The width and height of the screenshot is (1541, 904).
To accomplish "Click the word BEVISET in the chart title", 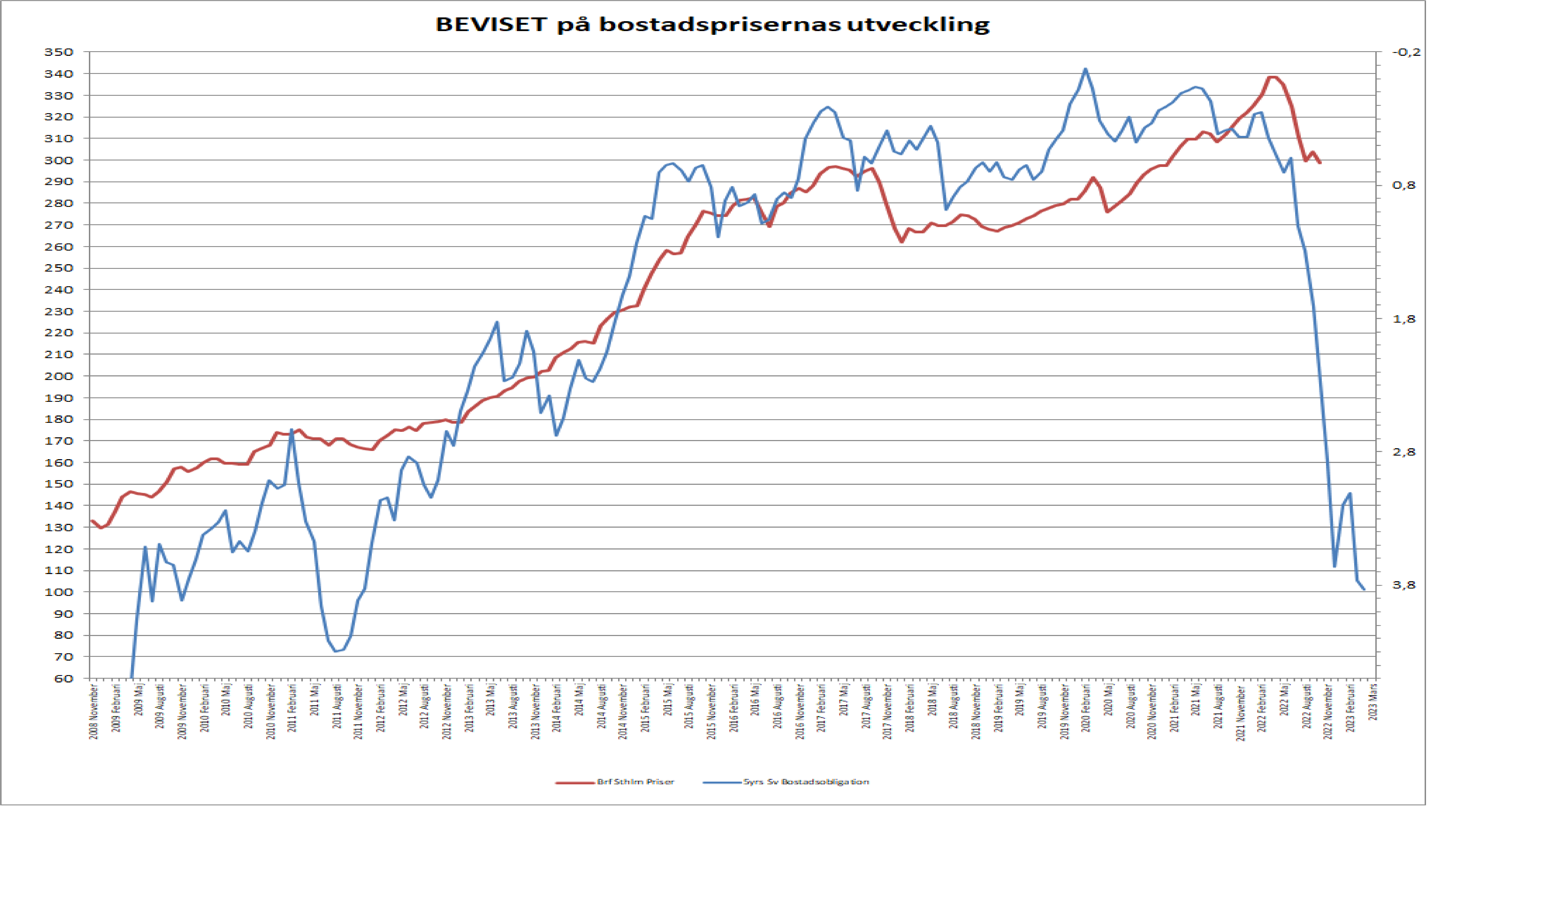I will pos(491,24).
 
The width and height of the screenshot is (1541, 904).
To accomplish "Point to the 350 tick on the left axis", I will pos(59,52).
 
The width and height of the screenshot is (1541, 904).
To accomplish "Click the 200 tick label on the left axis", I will pos(59,376).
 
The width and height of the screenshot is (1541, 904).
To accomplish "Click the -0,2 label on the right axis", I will pos(1406,52).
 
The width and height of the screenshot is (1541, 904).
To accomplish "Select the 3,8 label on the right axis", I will pos(1404,585).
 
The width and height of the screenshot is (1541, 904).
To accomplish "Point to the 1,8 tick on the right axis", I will pos(1404,319).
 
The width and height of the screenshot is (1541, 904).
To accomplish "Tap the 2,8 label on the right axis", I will pos(1404,452).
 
